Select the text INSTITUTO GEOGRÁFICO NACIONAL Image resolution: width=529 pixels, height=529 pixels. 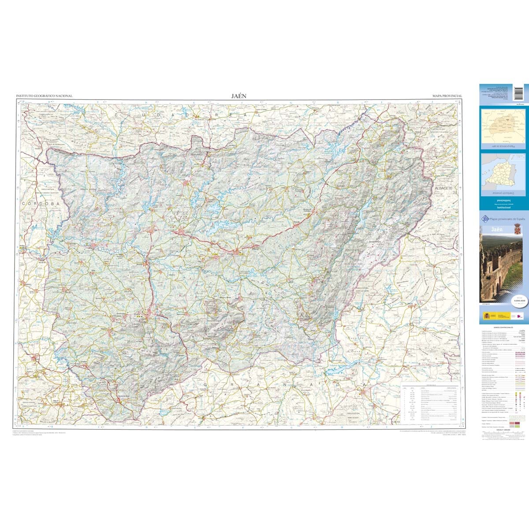coord(44,96)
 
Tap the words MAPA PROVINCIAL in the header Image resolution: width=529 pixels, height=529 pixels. coord(447,96)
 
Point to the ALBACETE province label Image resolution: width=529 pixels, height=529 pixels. coord(444,188)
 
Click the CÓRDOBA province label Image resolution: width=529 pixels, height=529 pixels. coord(40,204)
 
